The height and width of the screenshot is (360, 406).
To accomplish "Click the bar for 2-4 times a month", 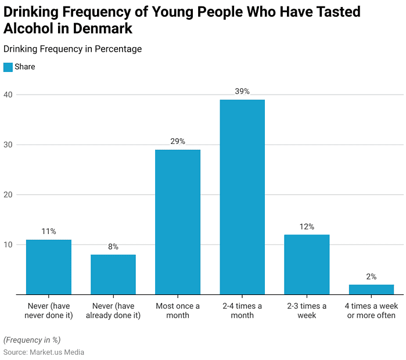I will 242,197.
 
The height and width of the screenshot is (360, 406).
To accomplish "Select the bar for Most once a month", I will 178,222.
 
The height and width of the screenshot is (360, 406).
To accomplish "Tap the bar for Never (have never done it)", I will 49,267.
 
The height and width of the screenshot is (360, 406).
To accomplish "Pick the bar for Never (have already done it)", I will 113,274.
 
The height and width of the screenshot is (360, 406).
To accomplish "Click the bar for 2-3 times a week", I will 307,264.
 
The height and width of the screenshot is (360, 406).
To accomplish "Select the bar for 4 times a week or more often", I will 371,289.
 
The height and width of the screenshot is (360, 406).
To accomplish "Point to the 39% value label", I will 242,91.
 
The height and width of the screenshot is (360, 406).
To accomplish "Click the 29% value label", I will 178,141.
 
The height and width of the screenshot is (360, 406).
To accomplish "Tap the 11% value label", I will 49,231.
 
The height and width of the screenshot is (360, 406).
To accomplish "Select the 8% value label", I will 113,246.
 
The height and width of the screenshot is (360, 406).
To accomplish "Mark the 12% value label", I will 307,226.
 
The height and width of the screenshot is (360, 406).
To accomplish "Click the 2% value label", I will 371,276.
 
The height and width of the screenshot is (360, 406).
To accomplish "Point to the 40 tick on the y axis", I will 9,94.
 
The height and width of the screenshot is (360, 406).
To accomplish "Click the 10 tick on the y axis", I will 9,244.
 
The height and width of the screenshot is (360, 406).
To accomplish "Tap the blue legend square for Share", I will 8,67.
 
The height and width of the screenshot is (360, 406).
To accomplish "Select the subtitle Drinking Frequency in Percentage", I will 72,49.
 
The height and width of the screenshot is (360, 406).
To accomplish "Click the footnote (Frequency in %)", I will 32,340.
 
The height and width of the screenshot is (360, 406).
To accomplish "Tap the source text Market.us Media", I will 57,352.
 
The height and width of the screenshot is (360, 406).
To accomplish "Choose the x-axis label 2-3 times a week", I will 307,311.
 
